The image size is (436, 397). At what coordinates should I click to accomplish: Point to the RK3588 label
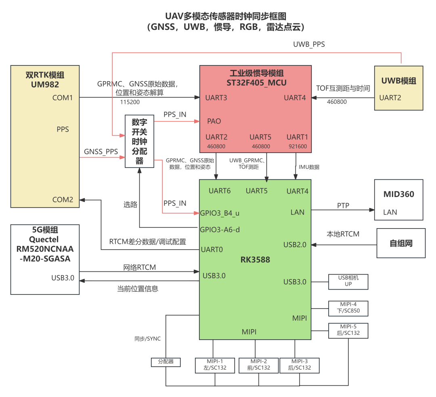255,260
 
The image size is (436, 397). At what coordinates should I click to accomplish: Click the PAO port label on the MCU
214,121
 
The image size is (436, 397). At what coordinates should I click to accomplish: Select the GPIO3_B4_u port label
220,213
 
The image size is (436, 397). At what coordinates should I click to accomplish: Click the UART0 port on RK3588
212,250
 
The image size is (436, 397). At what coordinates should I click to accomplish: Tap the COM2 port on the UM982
63,200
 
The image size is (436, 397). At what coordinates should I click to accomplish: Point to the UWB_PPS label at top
309,44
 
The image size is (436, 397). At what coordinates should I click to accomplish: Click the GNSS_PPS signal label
101,151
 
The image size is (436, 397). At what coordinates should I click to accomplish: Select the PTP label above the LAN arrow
343,206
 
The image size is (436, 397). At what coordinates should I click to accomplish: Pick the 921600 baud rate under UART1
298,146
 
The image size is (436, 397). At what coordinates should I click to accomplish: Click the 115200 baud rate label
130,102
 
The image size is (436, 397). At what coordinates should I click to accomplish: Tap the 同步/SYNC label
147,338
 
